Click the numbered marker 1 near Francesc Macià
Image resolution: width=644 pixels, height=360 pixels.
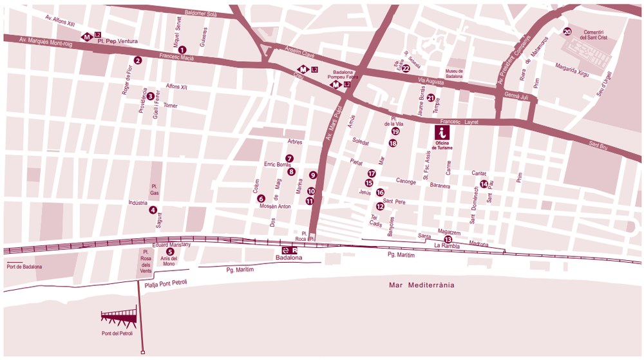click(182, 50)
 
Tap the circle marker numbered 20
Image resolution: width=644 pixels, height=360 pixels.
click(567, 32)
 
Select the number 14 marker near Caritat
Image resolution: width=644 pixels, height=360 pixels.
click(484, 184)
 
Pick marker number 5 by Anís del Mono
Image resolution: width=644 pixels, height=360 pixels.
click(170, 252)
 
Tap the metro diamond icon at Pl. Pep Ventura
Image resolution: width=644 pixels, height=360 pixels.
click(86, 37)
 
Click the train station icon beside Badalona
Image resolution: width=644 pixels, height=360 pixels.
click(285, 250)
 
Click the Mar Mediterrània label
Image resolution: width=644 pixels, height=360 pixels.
click(422, 285)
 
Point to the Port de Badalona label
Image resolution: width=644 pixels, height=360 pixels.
click(24, 267)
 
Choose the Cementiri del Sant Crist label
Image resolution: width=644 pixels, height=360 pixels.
click(591, 35)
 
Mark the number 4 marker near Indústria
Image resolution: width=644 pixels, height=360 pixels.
click(153, 209)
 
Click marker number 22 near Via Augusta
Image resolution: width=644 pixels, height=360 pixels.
click(406, 68)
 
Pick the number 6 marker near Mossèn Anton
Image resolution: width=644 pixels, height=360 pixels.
click(261, 198)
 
